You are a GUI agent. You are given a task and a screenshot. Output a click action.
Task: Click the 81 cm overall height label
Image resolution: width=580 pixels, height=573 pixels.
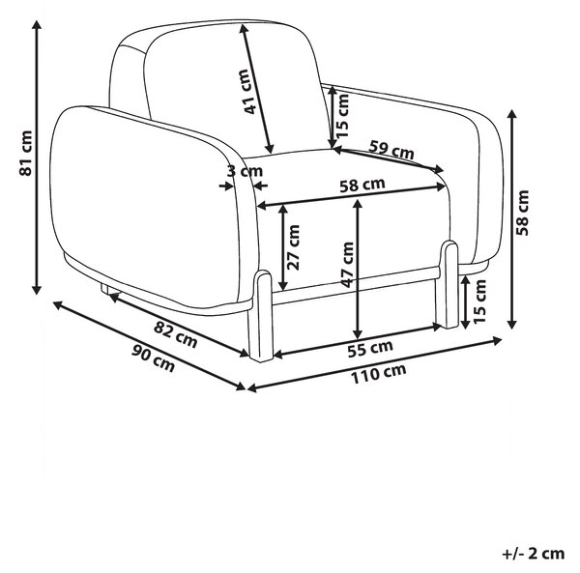[x=26, y=153]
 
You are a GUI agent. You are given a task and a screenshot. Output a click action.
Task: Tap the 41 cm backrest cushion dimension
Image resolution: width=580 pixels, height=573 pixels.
[x=246, y=91]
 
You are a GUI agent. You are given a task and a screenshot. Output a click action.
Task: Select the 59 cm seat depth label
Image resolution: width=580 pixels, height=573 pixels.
[x=391, y=150]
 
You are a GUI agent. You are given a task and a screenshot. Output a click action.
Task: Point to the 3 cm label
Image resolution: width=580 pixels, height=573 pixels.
[x=245, y=171]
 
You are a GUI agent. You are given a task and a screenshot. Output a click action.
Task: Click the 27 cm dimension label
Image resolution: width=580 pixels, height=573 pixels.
[x=293, y=247]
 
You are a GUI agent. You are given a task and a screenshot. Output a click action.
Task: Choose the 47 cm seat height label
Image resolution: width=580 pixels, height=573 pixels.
[x=347, y=265]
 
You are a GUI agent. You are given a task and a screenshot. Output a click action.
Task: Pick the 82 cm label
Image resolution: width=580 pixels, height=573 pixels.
[x=175, y=333]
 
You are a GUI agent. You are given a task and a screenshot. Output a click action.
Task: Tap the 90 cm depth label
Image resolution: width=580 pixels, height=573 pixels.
[x=153, y=358]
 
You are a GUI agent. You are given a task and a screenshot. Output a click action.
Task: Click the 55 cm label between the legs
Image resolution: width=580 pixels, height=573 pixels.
[x=370, y=349]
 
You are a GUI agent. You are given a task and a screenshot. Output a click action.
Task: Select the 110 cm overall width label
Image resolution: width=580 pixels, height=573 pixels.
[x=378, y=373]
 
